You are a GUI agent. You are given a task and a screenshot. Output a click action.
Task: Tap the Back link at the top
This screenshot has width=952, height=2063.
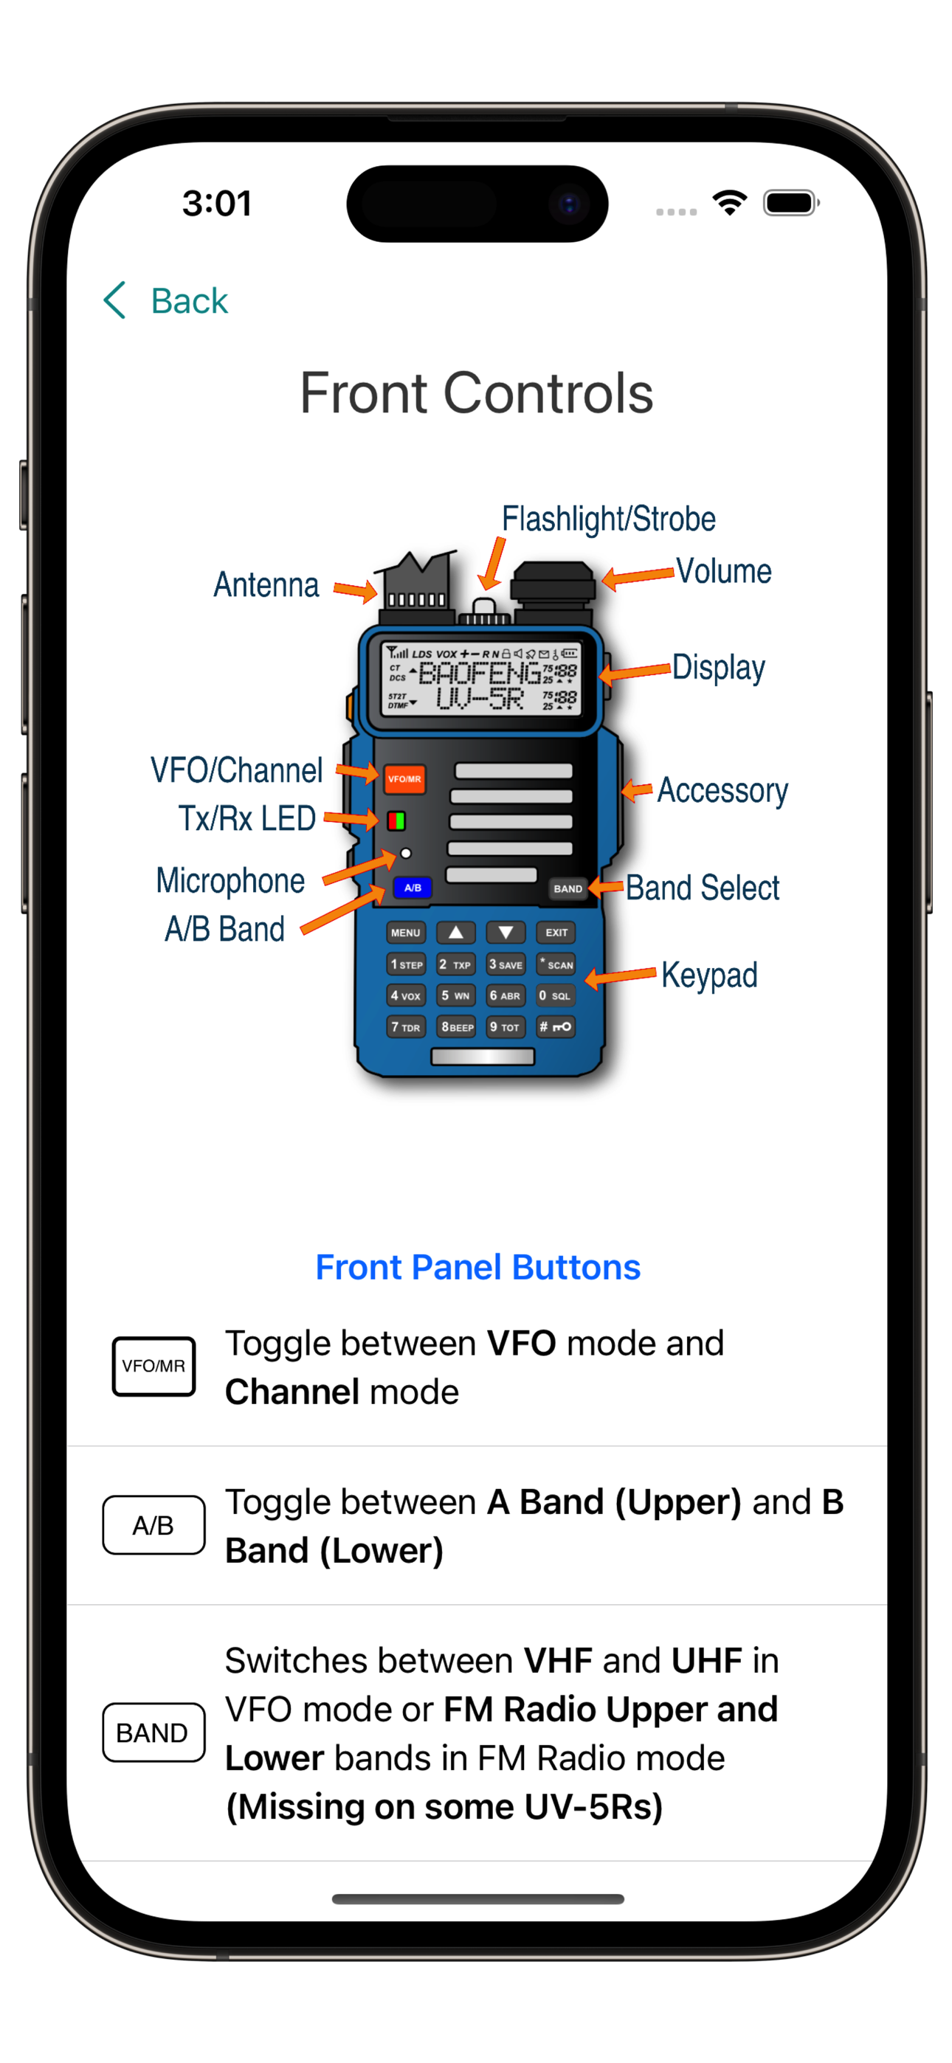tap(166, 301)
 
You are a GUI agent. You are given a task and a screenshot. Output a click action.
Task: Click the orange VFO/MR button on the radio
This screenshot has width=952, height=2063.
tap(404, 778)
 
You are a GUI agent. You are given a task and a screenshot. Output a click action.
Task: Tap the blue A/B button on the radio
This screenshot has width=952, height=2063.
tap(413, 888)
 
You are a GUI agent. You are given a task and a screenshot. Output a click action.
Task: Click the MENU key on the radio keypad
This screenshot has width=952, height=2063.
tap(405, 933)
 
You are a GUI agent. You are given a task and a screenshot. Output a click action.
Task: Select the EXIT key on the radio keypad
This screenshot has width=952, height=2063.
tap(556, 933)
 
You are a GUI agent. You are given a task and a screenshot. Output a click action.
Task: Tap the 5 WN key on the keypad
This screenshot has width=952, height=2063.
tap(455, 995)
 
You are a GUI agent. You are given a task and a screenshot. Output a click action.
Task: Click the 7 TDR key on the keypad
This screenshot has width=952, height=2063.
tap(405, 1026)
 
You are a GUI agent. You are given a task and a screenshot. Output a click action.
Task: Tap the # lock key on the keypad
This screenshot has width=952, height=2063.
tap(555, 1026)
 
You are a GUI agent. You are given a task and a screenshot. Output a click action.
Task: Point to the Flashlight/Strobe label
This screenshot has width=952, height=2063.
tap(608, 519)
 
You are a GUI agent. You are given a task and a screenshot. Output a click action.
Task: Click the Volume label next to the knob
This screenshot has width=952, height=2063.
tap(724, 571)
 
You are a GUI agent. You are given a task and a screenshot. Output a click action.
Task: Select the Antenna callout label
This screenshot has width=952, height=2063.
tap(266, 584)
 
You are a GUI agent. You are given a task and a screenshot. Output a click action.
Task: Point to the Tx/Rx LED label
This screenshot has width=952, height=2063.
tap(246, 818)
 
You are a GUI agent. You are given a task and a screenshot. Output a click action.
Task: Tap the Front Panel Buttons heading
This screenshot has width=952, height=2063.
tap(477, 1267)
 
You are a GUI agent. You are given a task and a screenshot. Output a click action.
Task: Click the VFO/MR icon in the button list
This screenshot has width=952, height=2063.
tap(154, 1366)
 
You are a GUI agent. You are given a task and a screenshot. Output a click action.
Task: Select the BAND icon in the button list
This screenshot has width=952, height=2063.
tap(154, 1732)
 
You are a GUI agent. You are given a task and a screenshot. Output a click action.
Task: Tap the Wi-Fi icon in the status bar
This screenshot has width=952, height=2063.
tap(730, 203)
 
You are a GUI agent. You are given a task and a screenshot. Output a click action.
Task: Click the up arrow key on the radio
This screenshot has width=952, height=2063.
tap(455, 933)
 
